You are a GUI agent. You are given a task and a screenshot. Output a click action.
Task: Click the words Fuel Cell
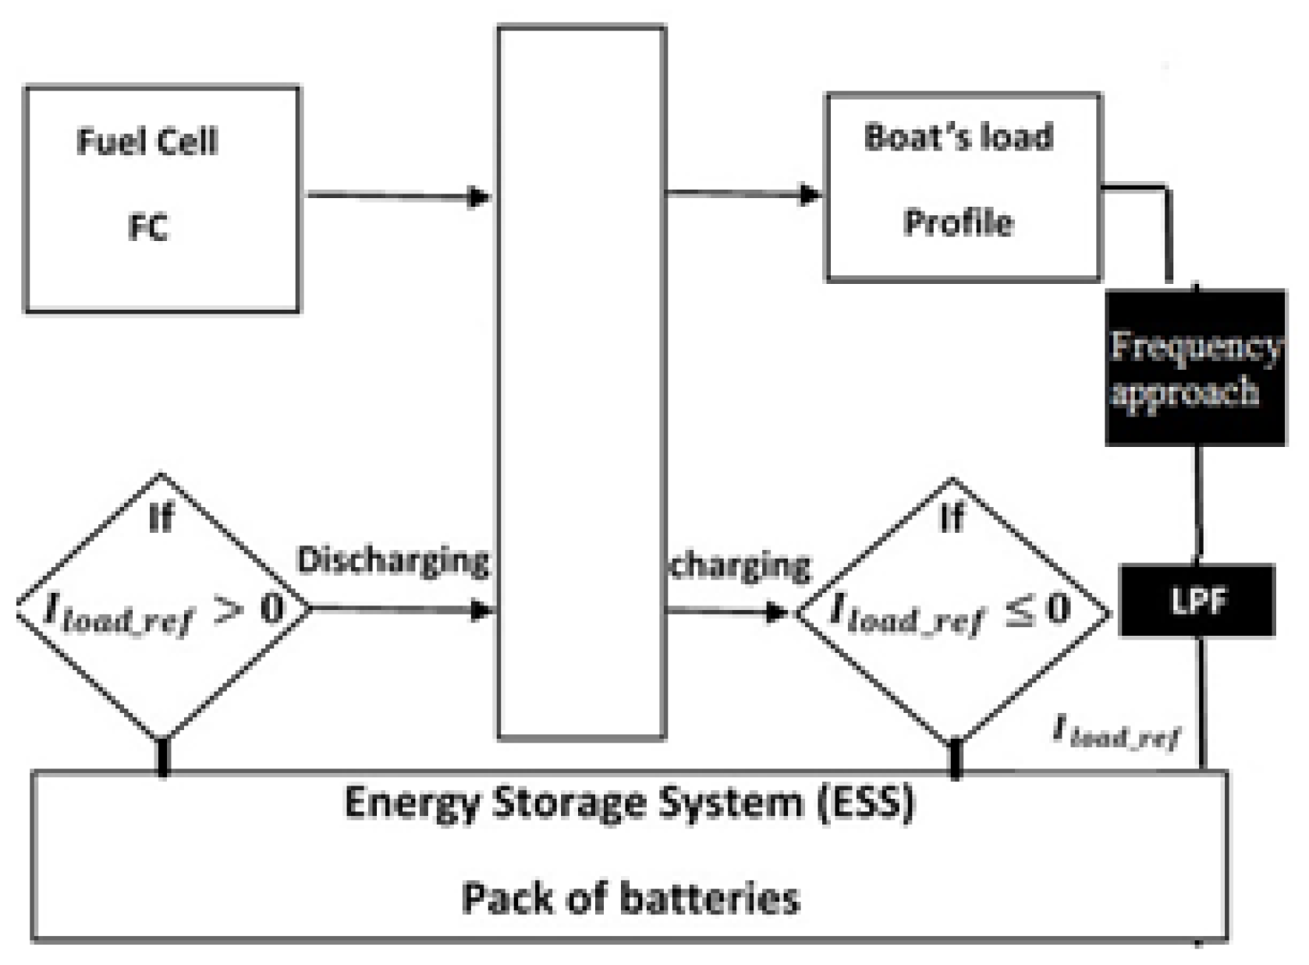147,142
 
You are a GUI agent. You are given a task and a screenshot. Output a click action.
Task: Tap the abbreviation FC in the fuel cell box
147,227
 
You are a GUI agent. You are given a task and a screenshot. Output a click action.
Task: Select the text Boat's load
958,137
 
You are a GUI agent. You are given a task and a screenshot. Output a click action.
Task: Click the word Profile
958,223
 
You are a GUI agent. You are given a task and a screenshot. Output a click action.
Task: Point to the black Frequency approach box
1195,367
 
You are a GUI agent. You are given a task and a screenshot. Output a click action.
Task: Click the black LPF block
1197,601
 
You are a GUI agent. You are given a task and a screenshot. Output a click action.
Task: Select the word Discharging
393,560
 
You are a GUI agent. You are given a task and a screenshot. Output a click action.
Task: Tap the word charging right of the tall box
740,565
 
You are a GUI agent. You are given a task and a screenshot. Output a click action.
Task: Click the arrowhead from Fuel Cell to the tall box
479,197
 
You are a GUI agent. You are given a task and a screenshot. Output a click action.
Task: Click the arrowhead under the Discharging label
482,609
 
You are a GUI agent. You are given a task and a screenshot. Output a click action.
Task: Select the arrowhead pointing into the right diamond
777,612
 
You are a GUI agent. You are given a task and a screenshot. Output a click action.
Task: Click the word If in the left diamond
161,517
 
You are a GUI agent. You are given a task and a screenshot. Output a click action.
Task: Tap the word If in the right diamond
952,517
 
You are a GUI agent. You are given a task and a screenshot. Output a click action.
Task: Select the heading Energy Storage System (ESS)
629,802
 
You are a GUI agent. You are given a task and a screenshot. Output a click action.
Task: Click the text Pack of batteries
630,897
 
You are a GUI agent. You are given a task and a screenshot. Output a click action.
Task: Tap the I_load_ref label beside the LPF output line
1116,732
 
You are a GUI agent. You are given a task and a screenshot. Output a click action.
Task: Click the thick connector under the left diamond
162,757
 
